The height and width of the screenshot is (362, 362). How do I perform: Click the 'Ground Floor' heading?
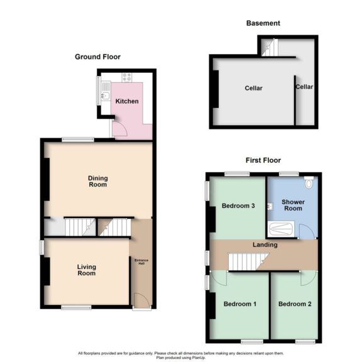click(97, 57)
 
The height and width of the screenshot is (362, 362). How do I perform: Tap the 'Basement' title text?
click(263, 23)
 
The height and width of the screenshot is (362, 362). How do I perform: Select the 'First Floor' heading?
click(263, 160)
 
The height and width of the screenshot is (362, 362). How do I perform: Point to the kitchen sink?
click(106, 94)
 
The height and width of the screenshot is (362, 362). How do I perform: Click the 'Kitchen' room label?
click(127, 101)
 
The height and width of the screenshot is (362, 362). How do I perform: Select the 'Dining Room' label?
click(97, 181)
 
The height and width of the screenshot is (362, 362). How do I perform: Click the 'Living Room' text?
click(87, 270)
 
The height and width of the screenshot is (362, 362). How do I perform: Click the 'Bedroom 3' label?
click(238, 206)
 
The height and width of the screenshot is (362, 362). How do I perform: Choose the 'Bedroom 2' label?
click(295, 304)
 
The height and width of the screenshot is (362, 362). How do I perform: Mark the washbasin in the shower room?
click(270, 205)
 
